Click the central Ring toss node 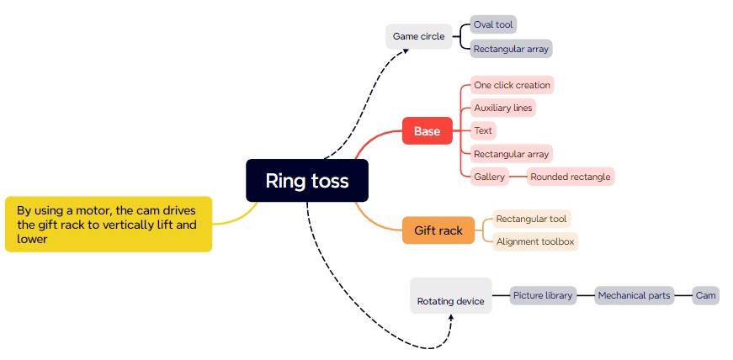307,181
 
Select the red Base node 427,131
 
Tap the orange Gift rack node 438,230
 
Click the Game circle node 418,37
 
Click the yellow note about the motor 109,225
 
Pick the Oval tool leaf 493,25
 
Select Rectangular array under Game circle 511,49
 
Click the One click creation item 512,85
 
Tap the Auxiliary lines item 502,108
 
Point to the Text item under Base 483,130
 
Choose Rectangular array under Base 511,154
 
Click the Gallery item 489,177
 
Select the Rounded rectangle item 570,177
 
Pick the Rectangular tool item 531,219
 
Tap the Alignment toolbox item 534,241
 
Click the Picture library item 543,295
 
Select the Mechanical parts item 634,295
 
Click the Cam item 705,295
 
